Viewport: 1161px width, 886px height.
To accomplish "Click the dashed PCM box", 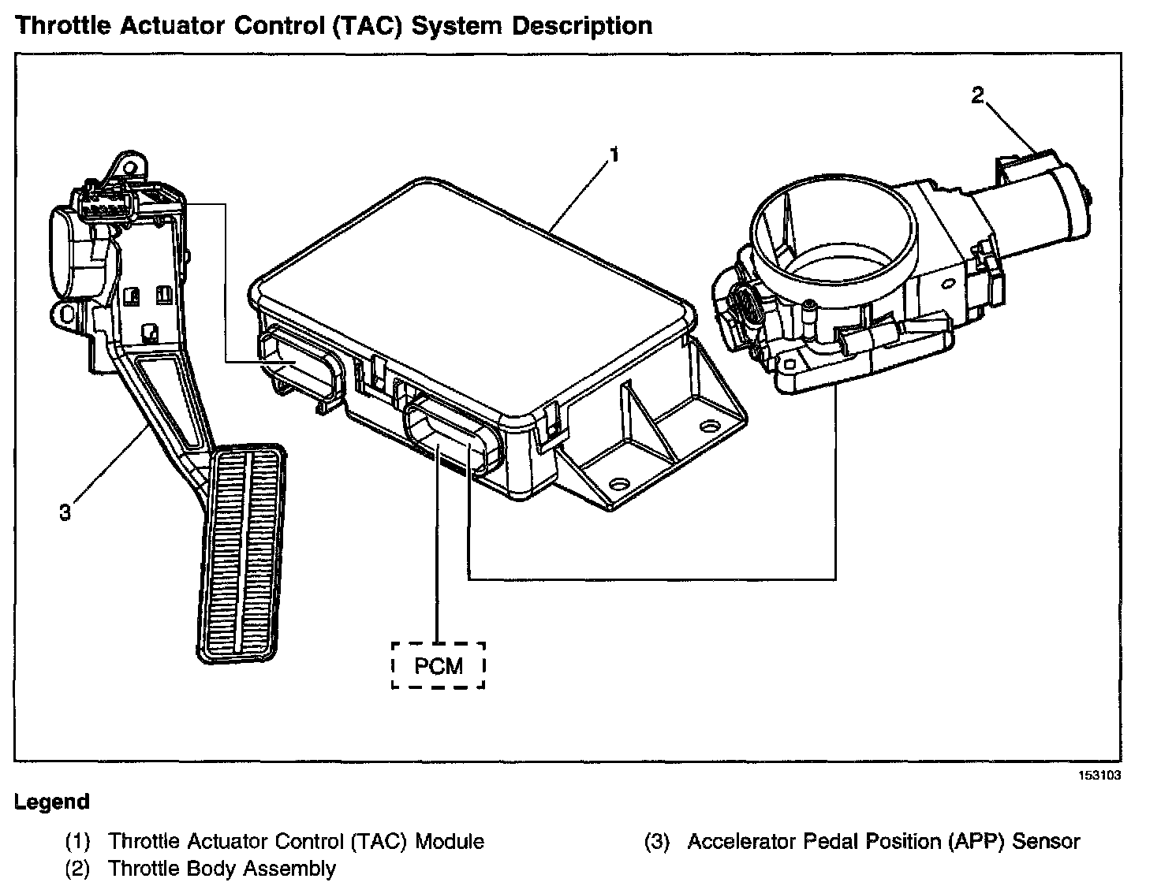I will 438,665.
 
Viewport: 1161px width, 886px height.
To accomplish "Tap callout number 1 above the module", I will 614,154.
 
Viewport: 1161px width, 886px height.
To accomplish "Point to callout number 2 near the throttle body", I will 977,96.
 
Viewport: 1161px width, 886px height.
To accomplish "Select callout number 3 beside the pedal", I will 65,512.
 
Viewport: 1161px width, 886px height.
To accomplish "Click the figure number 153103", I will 1100,775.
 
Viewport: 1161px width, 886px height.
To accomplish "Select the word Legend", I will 52,802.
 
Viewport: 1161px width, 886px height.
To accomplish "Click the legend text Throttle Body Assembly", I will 222,869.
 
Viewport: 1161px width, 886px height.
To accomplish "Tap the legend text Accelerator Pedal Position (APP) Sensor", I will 883,841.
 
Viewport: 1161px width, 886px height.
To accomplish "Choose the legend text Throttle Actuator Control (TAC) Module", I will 296,841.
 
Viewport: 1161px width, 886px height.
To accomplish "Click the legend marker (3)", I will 656,841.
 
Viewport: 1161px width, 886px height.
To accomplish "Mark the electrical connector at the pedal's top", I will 106,201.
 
